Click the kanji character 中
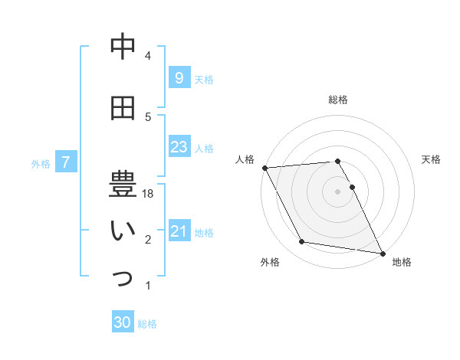(123, 47)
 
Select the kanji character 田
(123, 109)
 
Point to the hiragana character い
(123, 233)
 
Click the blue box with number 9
(179, 77)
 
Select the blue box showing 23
(179, 147)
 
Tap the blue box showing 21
(179, 231)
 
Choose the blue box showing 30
(123, 322)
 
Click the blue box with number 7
(67, 162)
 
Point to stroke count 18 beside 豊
(149, 195)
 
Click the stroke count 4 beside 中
(148, 56)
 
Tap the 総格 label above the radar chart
(337, 100)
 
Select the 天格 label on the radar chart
(431, 159)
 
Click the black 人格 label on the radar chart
(245, 159)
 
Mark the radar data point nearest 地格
(382, 252)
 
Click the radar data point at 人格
(264, 168)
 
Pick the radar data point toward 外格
(302, 242)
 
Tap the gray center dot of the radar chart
(337, 191)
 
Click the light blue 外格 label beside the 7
(40, 163)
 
